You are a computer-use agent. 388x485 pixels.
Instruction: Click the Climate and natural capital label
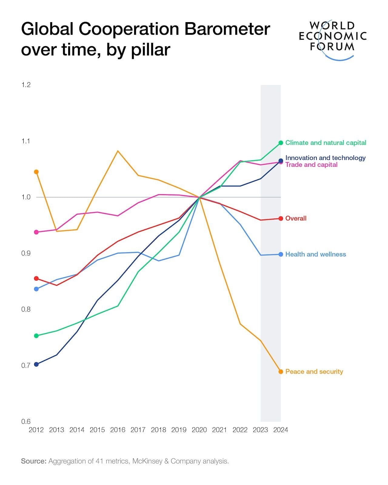pyautogui.click(x=326, y=143)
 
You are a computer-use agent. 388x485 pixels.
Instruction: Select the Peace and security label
pyautogui.click(x=314, y=372)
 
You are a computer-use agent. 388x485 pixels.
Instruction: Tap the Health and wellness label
pyautogui.click(x=315, y=254)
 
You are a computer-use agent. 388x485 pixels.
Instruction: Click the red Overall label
pyautogui.click(x=296, y=218)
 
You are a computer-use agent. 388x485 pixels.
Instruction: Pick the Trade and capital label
pyautogui.click(x=311, y=165)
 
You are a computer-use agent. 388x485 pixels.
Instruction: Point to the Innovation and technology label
pyautogui.click(x=325, y=158)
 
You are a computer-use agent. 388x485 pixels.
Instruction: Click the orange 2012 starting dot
pyautogui.click(x=36, y=172)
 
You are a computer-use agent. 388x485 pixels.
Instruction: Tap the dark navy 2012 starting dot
pyautogui.click(x=36, y=364)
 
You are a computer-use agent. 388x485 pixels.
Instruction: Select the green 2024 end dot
pyautogui.click(x=281, y=143)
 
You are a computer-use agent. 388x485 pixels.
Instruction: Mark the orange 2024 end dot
pyautogui.click(x=281, y=372)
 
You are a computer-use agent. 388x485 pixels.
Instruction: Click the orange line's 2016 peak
pyautogui.click(x=118, y=151)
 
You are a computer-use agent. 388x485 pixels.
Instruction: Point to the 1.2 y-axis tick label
pyautogui.click(x=26, y=85)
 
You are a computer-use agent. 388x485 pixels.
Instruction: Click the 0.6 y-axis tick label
pyautogui.click(x=26, y=422)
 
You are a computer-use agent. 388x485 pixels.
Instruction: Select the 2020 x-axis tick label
pyautogui.click(x=199, y=430)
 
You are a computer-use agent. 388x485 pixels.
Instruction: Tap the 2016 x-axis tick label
pyautogui.click(x=118, y=430)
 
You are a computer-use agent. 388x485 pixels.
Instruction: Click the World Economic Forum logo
pyautogui.click(x=333, y=39)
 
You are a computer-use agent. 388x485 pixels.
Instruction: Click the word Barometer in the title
pyautogui.click(x=227, y=29)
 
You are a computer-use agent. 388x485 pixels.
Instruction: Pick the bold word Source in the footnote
pyautogui.click(x=33, y=461)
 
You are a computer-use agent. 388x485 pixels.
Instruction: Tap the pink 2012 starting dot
pyautogui.click(x=36, y=232)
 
